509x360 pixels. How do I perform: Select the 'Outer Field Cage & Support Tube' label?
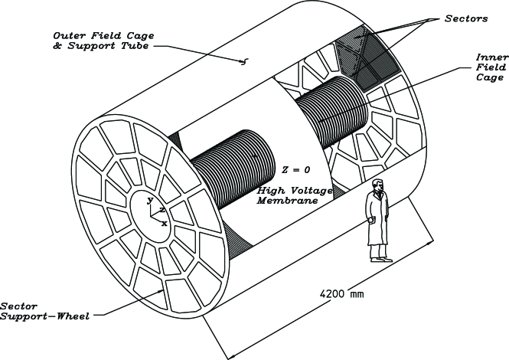click(x=100, y=41)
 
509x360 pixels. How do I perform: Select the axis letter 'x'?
click(x=165, y=223)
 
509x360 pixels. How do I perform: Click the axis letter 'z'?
click(x=162, y=208)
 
